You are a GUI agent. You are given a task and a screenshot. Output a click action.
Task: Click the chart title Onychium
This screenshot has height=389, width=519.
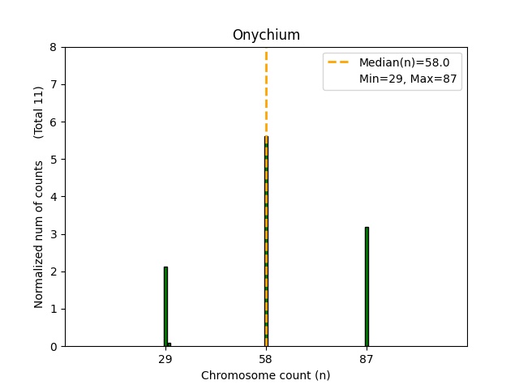265,35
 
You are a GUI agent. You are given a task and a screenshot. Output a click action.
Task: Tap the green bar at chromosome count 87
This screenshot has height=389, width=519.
367,287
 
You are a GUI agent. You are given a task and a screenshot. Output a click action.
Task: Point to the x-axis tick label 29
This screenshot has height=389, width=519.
165,359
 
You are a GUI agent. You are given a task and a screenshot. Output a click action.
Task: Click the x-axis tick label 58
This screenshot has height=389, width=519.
266,359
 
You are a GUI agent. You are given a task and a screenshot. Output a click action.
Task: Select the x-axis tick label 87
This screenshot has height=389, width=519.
367,359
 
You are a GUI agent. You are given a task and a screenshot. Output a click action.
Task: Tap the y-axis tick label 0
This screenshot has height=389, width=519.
54,347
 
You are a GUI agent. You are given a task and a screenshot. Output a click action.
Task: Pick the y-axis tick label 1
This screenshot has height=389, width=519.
54,310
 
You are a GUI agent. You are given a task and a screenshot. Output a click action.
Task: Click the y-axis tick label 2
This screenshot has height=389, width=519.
54,272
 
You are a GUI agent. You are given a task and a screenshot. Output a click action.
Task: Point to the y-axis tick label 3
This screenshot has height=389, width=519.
54,235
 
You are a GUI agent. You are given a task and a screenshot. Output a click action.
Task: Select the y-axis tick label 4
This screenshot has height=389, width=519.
54,197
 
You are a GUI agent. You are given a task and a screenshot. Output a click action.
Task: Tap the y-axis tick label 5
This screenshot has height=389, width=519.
54,160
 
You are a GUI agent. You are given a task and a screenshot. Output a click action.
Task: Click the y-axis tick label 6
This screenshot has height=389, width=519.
54,122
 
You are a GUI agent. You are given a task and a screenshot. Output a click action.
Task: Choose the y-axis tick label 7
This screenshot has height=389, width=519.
54,85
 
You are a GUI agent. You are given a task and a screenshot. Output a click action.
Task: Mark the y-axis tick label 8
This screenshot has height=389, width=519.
54,48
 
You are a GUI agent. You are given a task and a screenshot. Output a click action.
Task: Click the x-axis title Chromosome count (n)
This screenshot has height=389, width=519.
265,375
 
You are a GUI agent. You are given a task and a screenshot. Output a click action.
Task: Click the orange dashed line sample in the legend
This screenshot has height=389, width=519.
340,62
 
